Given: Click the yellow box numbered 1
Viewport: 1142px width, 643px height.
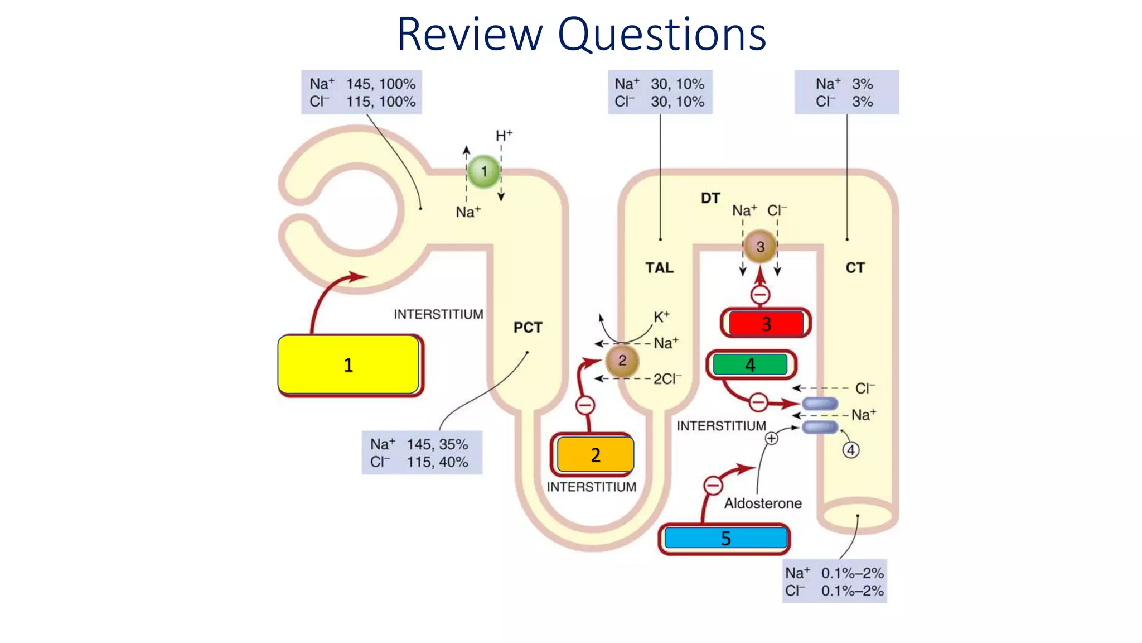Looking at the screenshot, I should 349,364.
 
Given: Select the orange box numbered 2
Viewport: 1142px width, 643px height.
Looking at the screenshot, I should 595,455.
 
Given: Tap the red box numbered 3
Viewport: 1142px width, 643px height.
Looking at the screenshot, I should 766,323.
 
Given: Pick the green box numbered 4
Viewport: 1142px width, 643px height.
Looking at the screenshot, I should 750,365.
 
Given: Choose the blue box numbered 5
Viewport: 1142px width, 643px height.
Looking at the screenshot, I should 725,538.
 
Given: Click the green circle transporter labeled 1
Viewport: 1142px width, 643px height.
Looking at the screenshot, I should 483,171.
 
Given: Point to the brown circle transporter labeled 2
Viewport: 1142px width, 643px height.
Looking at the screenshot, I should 622,361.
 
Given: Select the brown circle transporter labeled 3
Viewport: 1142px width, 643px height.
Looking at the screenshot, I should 760,246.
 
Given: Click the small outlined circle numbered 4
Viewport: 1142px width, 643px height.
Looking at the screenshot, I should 850,450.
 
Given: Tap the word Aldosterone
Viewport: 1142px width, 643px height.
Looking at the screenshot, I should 763,503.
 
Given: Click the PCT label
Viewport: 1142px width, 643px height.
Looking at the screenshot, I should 528,328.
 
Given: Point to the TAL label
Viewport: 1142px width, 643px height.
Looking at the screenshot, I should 659,268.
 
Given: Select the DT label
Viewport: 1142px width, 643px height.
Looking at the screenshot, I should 710,198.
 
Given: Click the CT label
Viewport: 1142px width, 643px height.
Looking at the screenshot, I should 855,268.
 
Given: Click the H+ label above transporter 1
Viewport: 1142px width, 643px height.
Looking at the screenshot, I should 504,136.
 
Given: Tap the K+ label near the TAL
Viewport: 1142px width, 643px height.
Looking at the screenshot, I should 661,317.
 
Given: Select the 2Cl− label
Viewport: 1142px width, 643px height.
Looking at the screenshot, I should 667,379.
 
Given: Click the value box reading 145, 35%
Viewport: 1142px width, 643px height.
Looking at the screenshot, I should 422,453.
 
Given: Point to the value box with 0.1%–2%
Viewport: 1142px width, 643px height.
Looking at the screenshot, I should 834,582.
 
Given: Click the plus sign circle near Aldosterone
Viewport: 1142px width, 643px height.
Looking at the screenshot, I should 771,439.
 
